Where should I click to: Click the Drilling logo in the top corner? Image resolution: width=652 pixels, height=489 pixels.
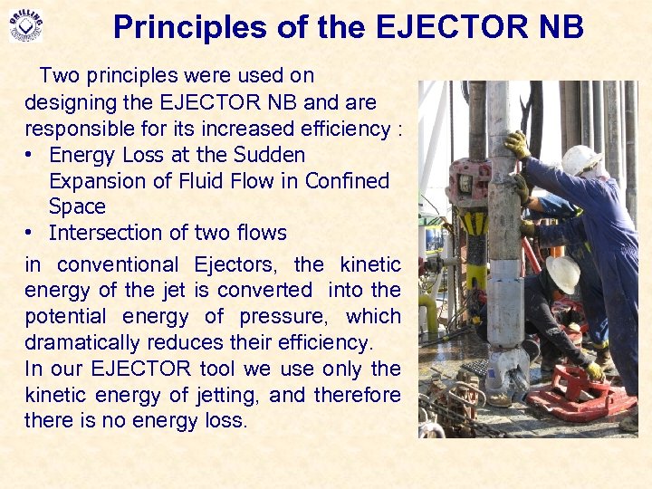(25, 25)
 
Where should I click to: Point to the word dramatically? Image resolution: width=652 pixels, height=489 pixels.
(85, 343)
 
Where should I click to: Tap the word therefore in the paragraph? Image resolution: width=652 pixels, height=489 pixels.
(357, 395)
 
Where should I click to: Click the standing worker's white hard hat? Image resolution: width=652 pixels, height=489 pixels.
(580, 160)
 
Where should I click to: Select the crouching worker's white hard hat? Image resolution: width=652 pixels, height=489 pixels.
(563, 273)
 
